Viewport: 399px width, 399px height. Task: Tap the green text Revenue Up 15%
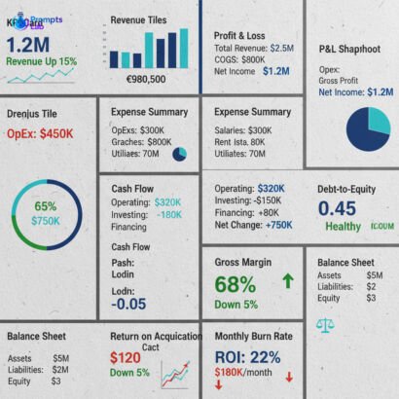(41, 61)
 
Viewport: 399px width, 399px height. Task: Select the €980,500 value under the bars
(145, 79)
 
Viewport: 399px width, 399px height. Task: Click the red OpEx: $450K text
(40, 133)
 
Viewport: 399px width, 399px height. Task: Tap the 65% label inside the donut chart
(45, 206)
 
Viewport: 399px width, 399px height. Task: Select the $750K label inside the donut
(45, 221)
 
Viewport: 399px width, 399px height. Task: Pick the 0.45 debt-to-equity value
(338, 208)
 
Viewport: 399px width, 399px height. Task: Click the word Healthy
(343, 227)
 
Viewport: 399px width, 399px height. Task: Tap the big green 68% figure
(236, 284)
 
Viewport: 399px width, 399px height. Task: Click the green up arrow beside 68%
(287, 281)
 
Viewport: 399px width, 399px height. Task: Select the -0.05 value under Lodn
(128, 304)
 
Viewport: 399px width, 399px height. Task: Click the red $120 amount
(126, 357)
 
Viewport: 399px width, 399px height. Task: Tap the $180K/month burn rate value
(243, 372)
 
